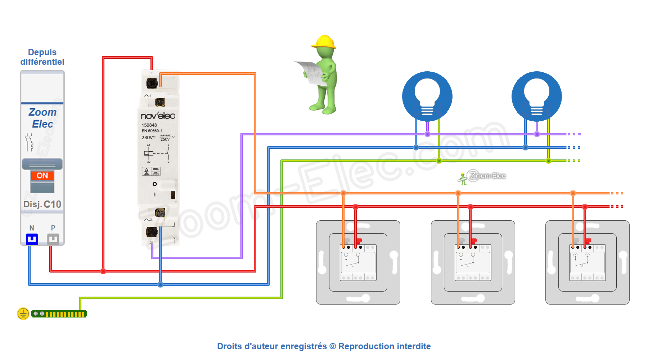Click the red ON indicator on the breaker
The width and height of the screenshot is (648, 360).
pos(42,176)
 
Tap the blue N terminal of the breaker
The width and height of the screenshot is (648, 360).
pos(32,239)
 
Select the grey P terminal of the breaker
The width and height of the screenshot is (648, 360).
pos(53,239)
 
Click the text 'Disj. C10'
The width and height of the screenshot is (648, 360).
pos(42,204)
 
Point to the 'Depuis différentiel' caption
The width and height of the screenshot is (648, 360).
pos(42,57)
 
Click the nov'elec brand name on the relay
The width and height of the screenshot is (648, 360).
pos(158,116)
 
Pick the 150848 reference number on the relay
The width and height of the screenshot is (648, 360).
pos(149,125)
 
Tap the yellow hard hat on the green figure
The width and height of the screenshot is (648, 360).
pos(324,42)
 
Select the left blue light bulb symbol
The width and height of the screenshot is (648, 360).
pos(427,96)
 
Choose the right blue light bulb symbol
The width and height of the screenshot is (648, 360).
pos(537,96)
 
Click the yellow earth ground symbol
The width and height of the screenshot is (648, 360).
pos(23,314)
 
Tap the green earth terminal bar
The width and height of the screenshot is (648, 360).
pos(59,314)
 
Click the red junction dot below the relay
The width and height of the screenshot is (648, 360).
pos(103,271)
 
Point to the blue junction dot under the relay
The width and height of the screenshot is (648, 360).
pos(161,285)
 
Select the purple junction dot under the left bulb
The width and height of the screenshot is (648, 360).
pos(427,134)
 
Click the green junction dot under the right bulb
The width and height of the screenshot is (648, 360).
pos(548,161)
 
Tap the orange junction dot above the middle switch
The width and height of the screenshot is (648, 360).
pos(458,193)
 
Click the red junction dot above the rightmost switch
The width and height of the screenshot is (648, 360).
pos(585,207)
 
